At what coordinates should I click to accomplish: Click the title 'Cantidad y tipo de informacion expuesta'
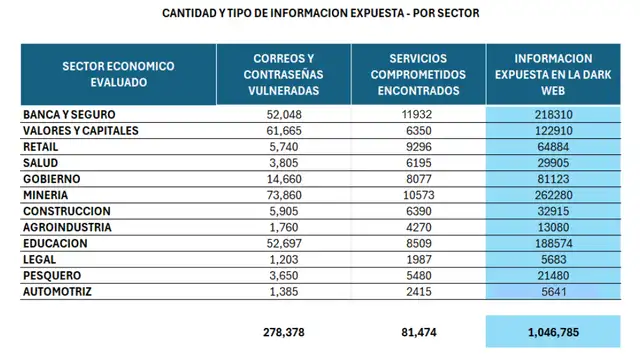(321, 14)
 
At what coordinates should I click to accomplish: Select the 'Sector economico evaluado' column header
(118, 74)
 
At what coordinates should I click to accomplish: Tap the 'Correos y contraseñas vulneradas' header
(285, 74)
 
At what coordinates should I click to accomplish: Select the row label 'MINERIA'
(49, 195)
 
